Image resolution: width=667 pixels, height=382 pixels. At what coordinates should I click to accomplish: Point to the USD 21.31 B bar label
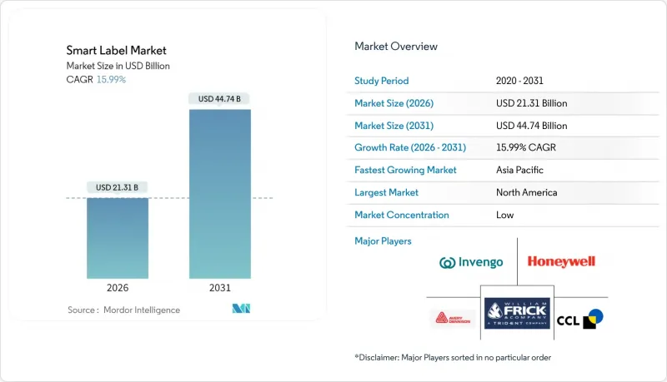pyautogui.click(x=118, y=186)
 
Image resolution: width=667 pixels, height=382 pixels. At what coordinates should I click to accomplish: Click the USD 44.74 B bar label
pyautogui.click(x=220, y=99)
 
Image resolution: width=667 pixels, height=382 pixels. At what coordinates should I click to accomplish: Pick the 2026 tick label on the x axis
pyautogui.click(x=118, y=288)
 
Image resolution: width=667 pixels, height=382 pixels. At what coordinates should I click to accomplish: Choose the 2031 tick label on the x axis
pyautogui.click(x=220, y=288)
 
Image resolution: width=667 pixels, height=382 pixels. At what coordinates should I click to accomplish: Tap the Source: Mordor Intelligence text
pyautogui.click(x=123, y=310)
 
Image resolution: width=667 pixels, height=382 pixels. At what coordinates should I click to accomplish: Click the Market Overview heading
pyautogui.click(x=396, y=47)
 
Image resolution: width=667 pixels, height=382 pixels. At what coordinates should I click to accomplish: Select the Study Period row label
pyautogui.click(x=382, y=81)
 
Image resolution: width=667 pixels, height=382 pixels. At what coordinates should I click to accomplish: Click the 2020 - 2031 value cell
pyautogui.click(x=520, y=81)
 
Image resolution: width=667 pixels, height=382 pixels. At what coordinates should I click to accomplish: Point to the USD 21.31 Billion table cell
pyautogui.click(x=531, y=103)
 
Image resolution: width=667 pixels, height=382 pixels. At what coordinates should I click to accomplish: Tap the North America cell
pyautogui.click(x=526, y=192)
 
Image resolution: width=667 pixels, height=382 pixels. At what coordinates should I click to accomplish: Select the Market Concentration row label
pyautogui.click(x=402, y=215)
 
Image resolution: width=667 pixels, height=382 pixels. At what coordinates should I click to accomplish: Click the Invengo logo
pyautogui.click(x=471, y=263)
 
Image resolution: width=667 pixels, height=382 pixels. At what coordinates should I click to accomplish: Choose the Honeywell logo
pyautogui.click(x=561, y=262)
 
